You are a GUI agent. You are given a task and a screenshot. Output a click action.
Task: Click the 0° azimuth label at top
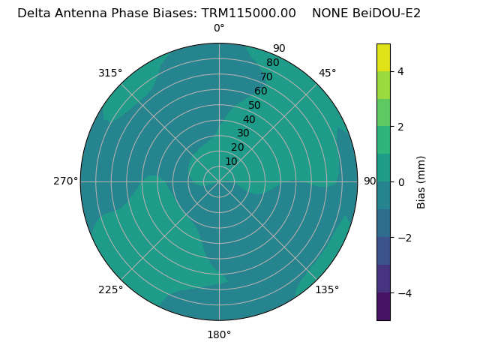(x=219, y=28)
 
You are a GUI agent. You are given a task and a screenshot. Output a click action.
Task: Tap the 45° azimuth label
(x=327, y=73)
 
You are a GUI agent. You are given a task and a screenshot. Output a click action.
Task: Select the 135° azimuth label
(x=327, y=289)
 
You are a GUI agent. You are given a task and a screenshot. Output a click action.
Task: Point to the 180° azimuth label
(x=219, y=334)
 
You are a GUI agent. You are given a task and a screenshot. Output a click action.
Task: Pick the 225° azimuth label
(x=110, y=289)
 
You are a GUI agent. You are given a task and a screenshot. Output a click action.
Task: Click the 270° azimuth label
(x=66, y=181)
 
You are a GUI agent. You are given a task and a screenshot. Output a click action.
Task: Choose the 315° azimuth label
(x=110, y=73)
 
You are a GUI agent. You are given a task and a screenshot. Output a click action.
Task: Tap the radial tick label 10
(x=231, y=161)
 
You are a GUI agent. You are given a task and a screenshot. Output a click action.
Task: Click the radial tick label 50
(x=254, y=106)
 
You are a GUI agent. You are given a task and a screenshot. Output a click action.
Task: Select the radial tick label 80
(x=272, y=62)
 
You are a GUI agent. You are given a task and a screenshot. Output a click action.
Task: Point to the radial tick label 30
(x=243, y=133)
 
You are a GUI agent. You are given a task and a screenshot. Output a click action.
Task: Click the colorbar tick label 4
(x=400, y=71)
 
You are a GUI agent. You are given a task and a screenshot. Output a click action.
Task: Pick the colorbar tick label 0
(x=400, y=182)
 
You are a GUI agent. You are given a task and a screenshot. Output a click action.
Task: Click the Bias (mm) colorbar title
(x=421, y=182)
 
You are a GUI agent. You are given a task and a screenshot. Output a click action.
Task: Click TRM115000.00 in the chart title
(x=249, y=13)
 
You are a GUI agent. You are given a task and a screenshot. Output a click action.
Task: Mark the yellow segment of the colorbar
(x=383, y=57)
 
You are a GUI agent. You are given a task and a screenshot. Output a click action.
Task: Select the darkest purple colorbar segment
(x=383, y=307)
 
